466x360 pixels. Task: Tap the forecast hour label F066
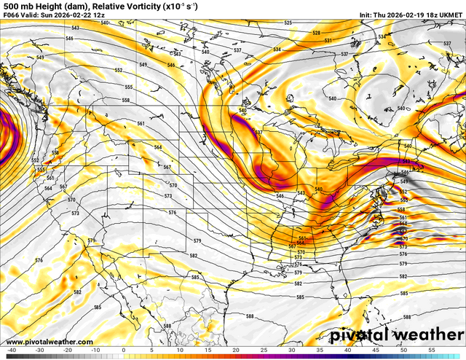[11, 15]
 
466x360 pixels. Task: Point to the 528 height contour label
[317, 33]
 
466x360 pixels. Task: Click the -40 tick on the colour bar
[11, 350]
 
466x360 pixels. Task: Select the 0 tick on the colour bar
[123, 350]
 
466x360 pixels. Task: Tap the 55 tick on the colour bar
[432, 350]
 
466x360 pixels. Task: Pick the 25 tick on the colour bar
[264, 350]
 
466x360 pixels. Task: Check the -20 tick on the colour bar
[67, 350]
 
